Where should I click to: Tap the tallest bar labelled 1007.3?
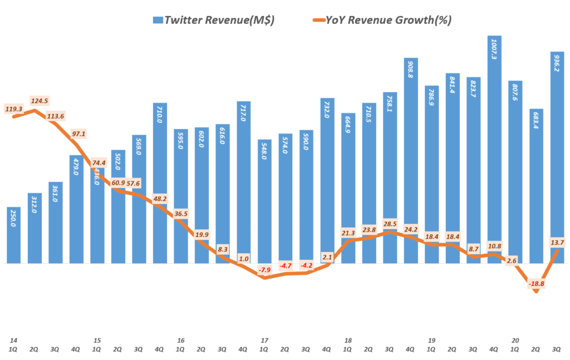click(x=495, y=150)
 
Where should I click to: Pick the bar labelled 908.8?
click(x=411, y=161)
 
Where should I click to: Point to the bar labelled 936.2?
click(x=558, y=158)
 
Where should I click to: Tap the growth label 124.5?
click(x=40, y=101)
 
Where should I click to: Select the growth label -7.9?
click(x=264, y=270)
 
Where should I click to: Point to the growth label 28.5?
click(x=390, y=223)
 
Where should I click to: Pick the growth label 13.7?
click(x=557, y=241)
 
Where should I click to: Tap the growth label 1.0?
click(x=243, y=258)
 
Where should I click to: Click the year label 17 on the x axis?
click(x=264, y=340)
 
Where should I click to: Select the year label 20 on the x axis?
click(x=515, y=340)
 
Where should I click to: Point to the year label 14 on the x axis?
click(x=13, y=340)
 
